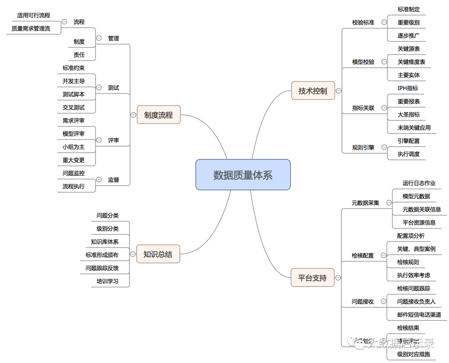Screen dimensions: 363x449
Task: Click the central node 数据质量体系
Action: point(243,175)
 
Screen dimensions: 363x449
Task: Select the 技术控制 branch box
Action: point(313,91)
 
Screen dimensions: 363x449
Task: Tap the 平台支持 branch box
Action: point(312,278)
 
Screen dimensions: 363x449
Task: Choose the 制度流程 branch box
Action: point(158,115)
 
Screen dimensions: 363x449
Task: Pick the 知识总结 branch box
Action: point(158,254)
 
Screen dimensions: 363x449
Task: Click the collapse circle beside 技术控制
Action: point(339,91)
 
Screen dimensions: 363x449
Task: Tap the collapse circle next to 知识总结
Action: point(133,254)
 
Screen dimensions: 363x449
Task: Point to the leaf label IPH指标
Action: point(408,88)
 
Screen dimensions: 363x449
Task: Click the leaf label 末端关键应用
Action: point(414,128)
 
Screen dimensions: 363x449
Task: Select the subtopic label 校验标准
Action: point(363,22)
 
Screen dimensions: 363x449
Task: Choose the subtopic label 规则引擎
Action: point(363,147)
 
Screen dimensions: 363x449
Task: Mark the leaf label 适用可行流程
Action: point(33,15)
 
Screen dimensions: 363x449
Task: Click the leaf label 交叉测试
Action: point(74,107)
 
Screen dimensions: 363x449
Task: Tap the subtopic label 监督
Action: point(113,180)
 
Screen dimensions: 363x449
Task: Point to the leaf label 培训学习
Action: point(107,281)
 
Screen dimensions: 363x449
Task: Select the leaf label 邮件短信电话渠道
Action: point(419,315)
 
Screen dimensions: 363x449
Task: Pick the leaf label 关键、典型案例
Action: point(416,249)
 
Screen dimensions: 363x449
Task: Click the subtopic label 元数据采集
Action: point(365,203)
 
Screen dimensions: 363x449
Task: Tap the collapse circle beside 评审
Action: point(99,140)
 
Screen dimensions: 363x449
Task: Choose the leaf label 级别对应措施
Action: point(413,354)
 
